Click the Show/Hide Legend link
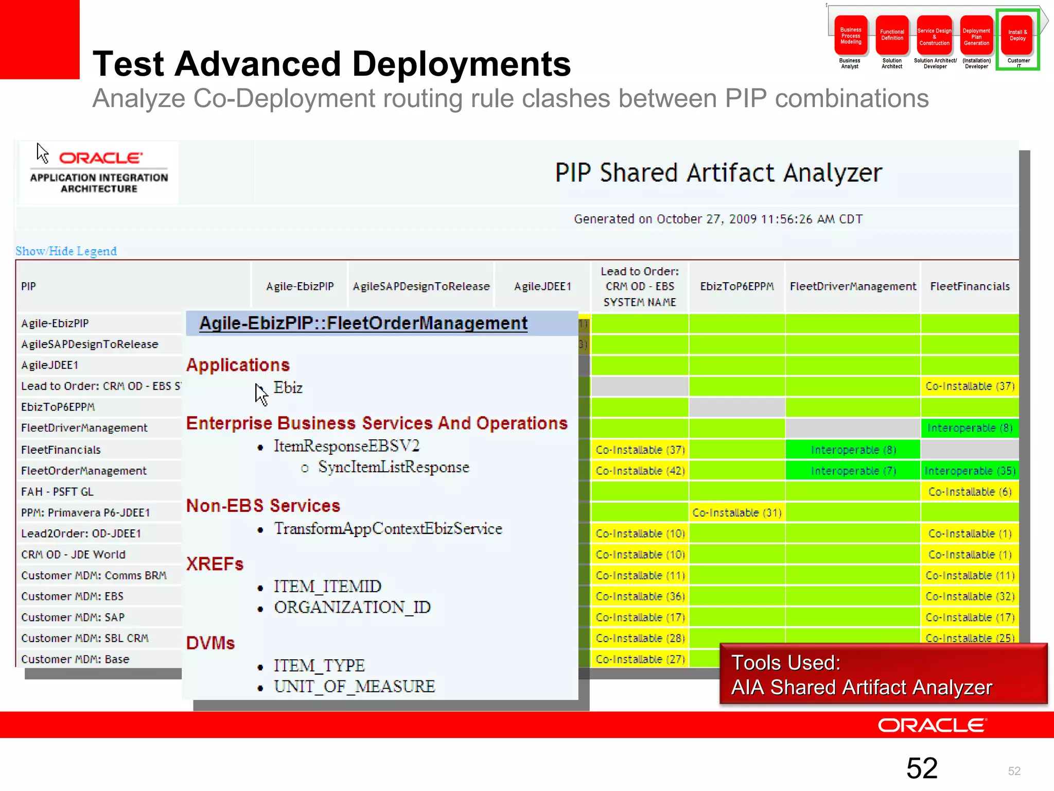coord(66,251)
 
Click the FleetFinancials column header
coord(970,286)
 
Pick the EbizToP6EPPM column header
coord(736,286)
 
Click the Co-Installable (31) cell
coord(736,512)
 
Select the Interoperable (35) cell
coord(970,471)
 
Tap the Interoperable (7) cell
coord(853,471)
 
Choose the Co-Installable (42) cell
coord(640,471)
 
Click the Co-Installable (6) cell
coord(970,492)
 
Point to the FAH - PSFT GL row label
coord(57,492)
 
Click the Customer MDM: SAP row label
coord(73,617)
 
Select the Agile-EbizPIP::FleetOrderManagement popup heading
coord(363,323)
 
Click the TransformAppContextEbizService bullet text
coord(388,528)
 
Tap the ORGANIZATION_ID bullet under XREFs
coord(352,607)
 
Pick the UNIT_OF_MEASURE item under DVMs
coord(354,686)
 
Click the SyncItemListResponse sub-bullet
coord(393,467)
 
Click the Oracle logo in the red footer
coord(932,725)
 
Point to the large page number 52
coord(922,768)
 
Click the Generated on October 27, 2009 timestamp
coord(718,219)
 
